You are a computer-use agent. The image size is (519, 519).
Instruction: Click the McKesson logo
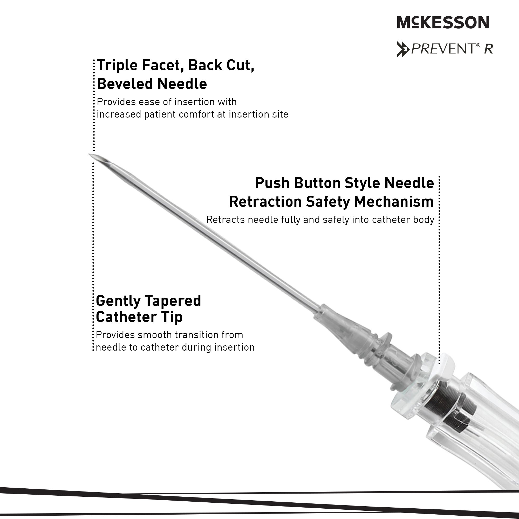(443, 22)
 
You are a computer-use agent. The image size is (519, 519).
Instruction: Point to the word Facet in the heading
(163, 65)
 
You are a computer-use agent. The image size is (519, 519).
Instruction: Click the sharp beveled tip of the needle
(90, 154)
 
